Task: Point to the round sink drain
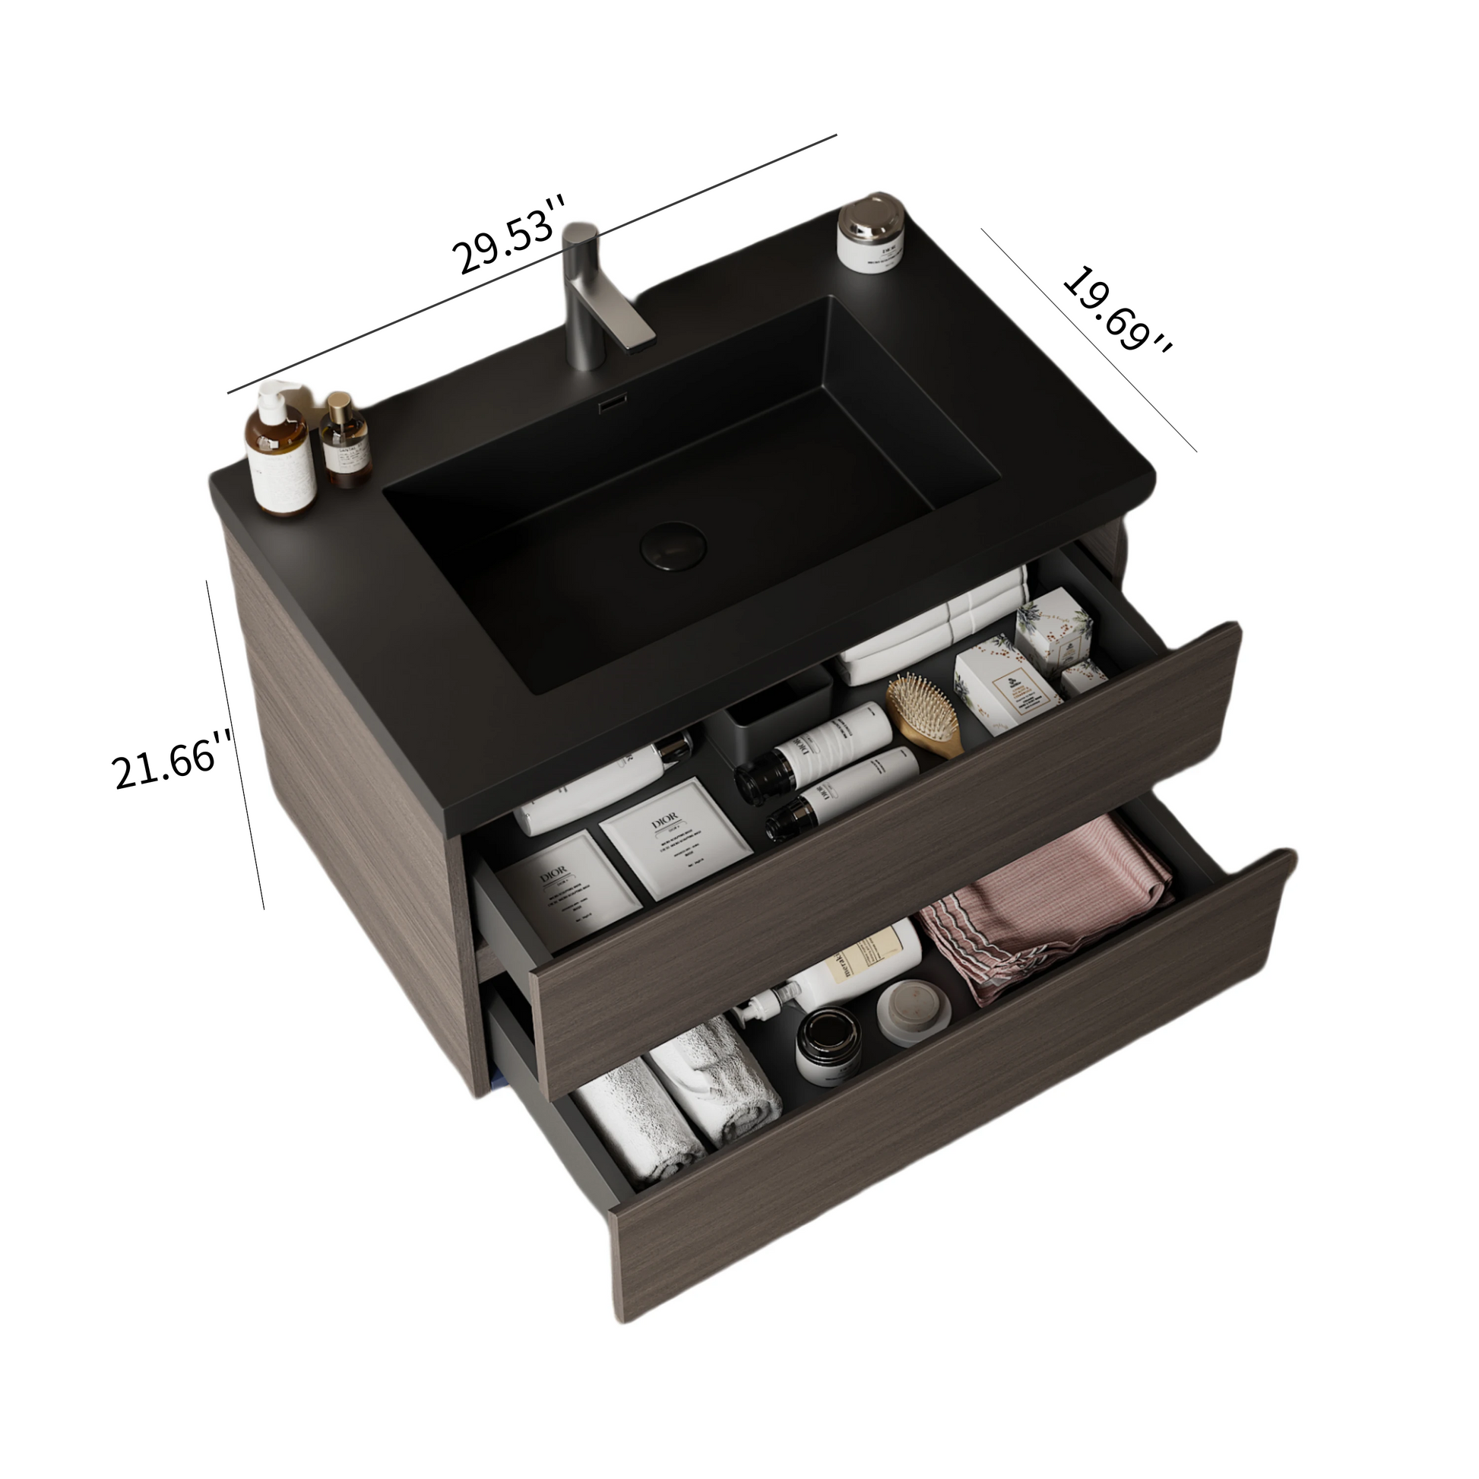click(673, 544)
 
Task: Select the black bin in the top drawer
click(781, 705)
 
